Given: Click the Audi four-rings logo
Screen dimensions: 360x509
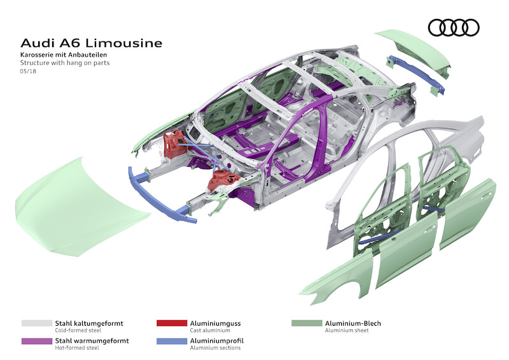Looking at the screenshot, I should [453, 27].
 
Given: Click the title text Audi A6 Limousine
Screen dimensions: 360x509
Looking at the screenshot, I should [92, 43].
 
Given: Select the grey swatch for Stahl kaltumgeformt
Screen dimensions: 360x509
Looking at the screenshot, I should [36, 323].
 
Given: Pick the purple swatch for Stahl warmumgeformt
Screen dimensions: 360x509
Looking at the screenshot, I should [36, 341].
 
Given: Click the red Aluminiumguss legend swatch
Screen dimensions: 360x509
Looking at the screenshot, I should [172, 323].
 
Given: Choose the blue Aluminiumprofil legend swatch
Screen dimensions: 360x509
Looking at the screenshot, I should [172, 341].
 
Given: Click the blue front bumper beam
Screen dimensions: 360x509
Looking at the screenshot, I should [159, 195].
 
